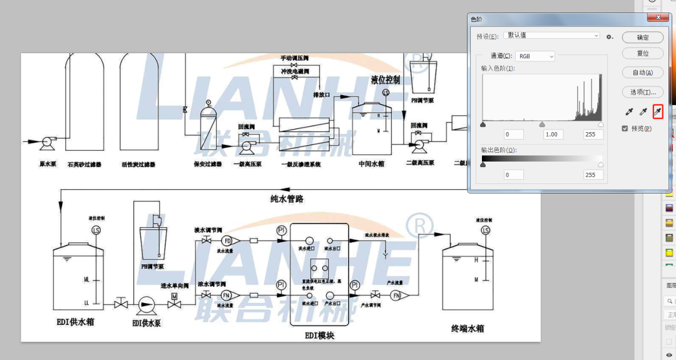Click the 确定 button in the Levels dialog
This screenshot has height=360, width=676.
[642, 38]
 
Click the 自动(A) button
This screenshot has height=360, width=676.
[642, 73]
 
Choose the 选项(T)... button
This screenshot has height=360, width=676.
[642, 92]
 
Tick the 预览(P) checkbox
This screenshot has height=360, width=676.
[625, 128]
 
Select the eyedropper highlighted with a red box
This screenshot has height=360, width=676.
[657, 112]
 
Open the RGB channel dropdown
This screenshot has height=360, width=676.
[535, 56]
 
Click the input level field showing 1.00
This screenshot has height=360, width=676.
[553, 135]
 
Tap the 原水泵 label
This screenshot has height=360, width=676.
[48, 164]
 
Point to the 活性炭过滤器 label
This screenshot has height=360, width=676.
[138, 164]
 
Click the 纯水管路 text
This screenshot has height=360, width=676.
[287, 200]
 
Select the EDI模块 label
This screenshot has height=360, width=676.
[319, 336]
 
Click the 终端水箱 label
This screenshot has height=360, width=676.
[468, 328]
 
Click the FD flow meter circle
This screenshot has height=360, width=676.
[227, 241]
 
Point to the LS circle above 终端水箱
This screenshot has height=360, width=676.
[485, 231]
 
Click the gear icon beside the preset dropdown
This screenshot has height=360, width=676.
[609, 37]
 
